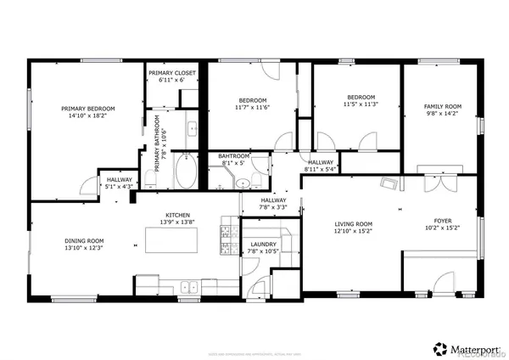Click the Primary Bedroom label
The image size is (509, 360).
pyautogui.click(x=87, y=109)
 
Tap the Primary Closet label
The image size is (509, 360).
pyautogui.click(x=172, y=73)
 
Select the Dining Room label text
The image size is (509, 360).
pyautogui.click(x=84, y=240)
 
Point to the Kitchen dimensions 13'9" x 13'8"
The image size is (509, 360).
pyautogui.click(x=177, y=222)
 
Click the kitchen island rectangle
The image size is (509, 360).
pyautogui.click(x=174, y=244)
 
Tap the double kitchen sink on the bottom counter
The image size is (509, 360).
pyautogui.click(x=187, y=286)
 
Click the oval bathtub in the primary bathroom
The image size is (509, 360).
pyautogui.click(x=185, y=176)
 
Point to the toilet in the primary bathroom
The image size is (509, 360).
pyautogui.click(x=150, y=177)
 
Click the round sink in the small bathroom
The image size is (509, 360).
pyautogui.click(x=242, y=183)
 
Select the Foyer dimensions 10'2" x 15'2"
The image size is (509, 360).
pyautogui.click(x=445, y=227)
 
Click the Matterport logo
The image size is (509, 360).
pyautogui.click(x=467, y=348)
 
